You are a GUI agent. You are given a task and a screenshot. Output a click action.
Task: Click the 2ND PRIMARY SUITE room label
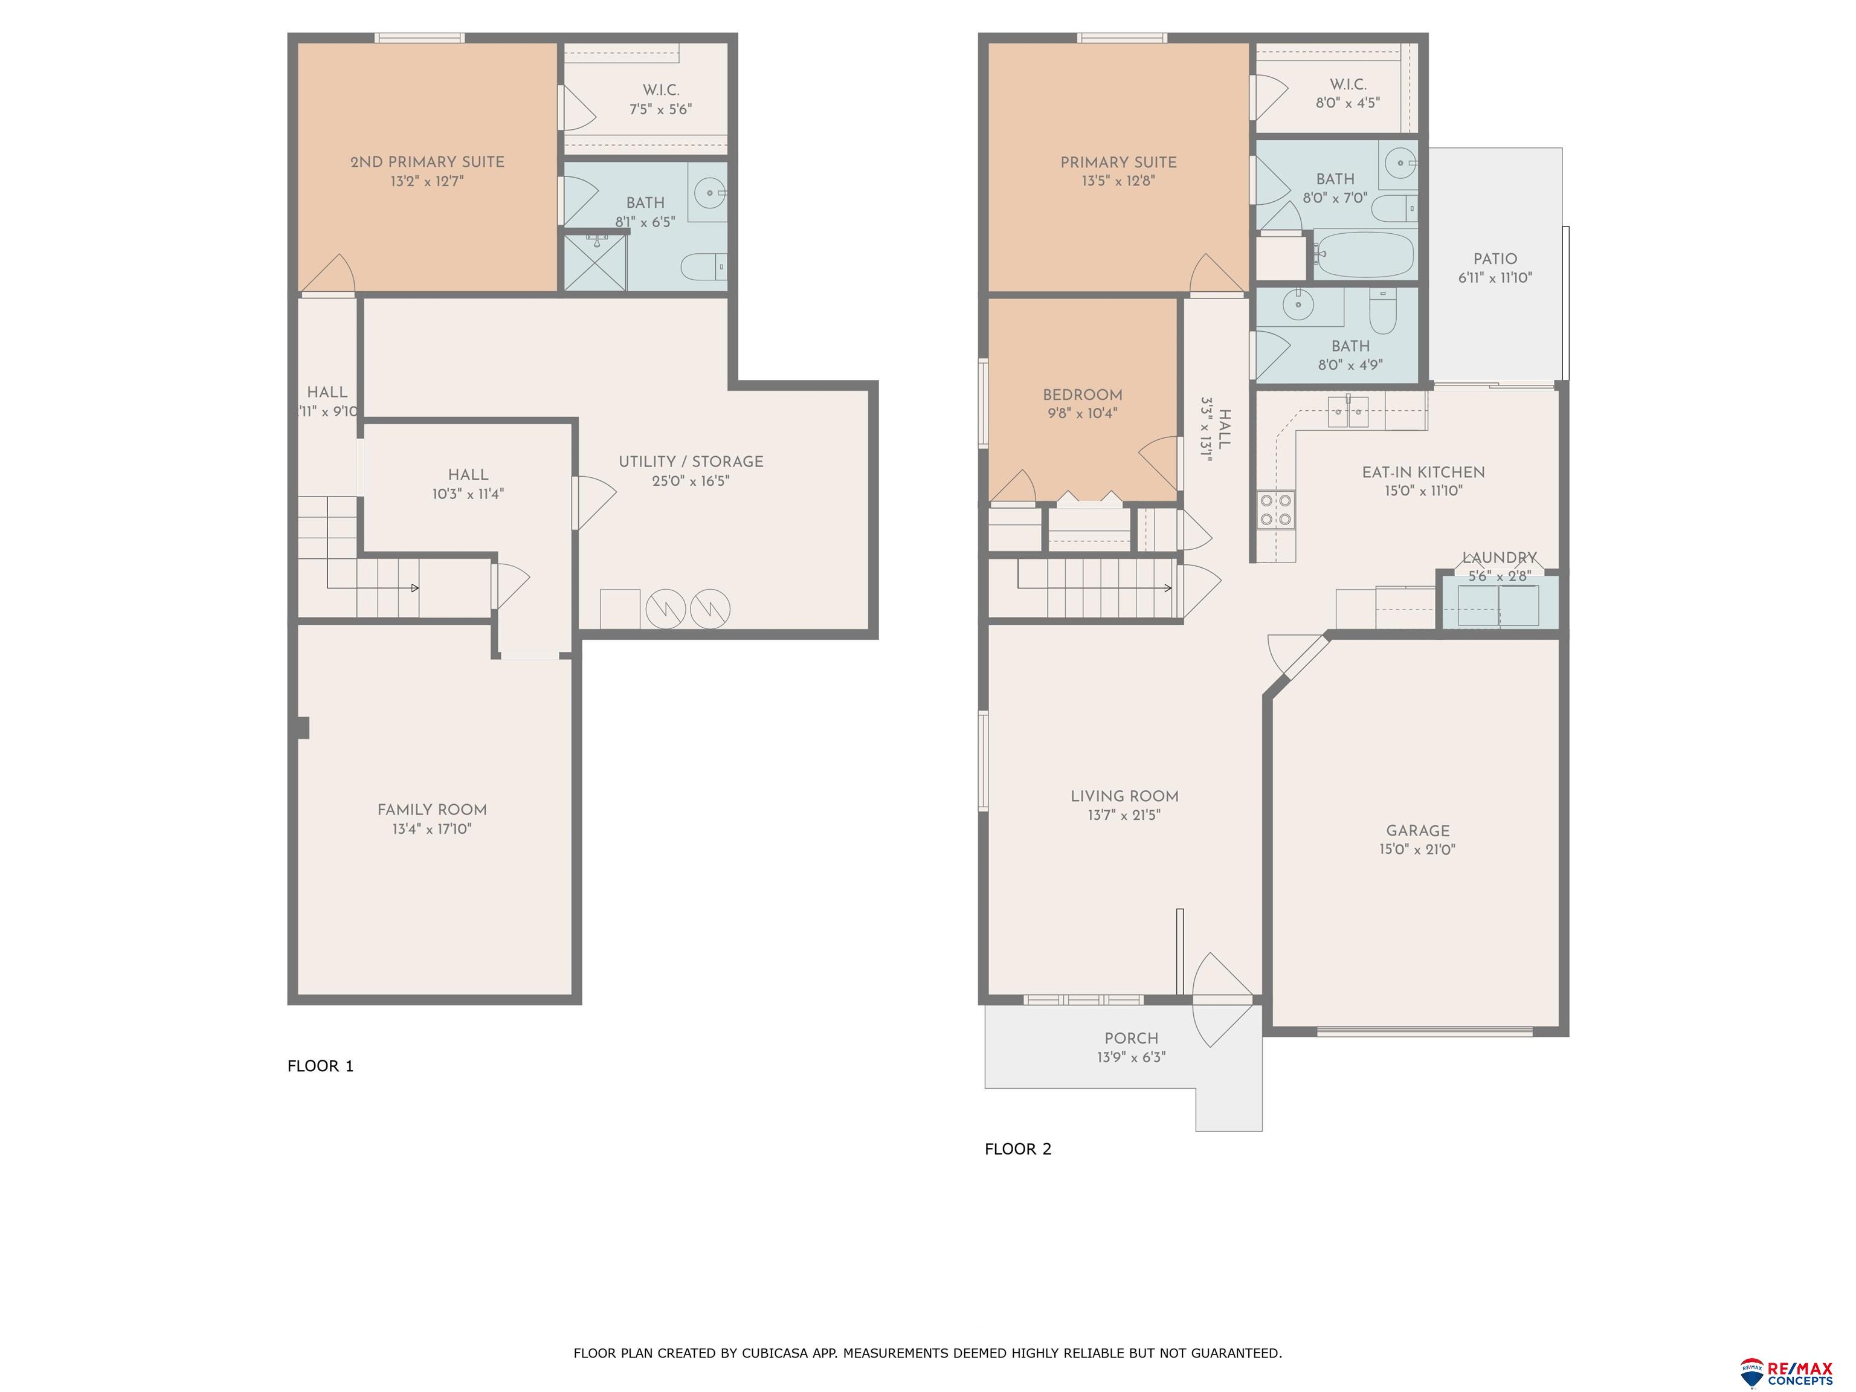(x=427, y=162)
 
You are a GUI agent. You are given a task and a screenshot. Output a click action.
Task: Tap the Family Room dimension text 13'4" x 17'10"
(x=431, y=829)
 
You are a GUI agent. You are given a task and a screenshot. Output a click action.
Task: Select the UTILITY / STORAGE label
(x=691, y=462)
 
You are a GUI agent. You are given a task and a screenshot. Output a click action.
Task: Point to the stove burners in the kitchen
(x=1275, y=509)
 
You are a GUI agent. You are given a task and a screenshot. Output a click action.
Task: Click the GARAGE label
(x=1417, y=831)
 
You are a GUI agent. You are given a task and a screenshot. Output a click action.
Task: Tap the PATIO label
(x=1494, y=259)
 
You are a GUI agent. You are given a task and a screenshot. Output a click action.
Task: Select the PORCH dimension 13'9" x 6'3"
(x=1131, y=1057)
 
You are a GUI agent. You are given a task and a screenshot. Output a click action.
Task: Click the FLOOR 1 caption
(x=321, y=1066)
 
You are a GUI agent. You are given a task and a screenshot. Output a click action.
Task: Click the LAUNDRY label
(x=1498, y=558)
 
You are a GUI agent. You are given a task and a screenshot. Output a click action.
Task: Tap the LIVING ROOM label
(x=1124, y=796)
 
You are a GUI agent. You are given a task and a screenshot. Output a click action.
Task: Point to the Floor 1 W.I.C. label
(x=660, y=90)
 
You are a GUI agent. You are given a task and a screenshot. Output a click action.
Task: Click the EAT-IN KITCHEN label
(x=1422, y=472)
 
